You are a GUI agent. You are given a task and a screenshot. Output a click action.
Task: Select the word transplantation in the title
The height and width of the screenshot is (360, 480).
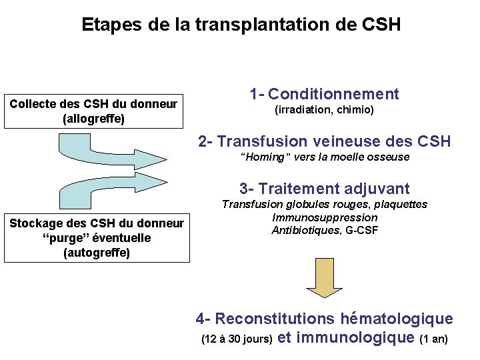coord(263,25)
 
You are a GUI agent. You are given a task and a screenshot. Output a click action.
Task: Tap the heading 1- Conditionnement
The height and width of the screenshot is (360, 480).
coord(324,94)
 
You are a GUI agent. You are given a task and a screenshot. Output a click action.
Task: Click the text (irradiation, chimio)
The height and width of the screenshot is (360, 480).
coord(324,109)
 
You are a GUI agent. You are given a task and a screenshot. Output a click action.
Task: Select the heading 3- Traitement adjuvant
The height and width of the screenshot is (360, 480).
coord(324,189)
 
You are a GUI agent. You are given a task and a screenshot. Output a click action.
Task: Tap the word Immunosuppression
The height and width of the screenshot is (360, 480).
coord(325,217)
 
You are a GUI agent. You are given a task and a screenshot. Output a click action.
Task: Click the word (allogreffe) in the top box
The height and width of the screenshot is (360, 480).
coord(93,119)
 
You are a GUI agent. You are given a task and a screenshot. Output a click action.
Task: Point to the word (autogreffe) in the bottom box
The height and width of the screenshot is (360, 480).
coord(96,253)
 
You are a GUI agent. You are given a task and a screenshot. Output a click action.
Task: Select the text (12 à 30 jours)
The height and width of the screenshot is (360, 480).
coord(236,339)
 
